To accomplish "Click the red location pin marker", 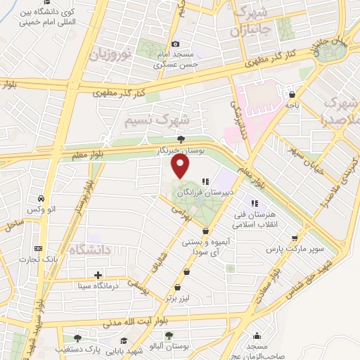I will tap(181, 167).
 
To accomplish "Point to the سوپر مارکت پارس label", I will tap(289, 249).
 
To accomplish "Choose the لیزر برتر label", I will tap(179, 298).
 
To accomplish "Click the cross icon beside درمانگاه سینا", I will tap(98, 275).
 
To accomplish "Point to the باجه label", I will tap(292, 105).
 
